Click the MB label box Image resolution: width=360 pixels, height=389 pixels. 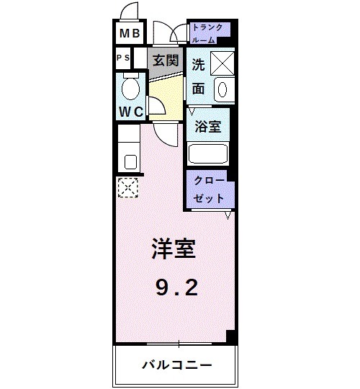(x=130, y=33)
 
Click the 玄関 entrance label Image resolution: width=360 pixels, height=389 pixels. (x=165, y=61)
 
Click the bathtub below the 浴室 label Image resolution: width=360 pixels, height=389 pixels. (x=207, y=153)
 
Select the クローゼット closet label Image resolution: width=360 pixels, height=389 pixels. (x=209, y=189)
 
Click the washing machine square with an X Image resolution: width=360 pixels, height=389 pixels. (x=220, y=63)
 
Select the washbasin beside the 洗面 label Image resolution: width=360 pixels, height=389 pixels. (x=222, y=90)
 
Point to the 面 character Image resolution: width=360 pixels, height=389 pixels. (x=198, y=89)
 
